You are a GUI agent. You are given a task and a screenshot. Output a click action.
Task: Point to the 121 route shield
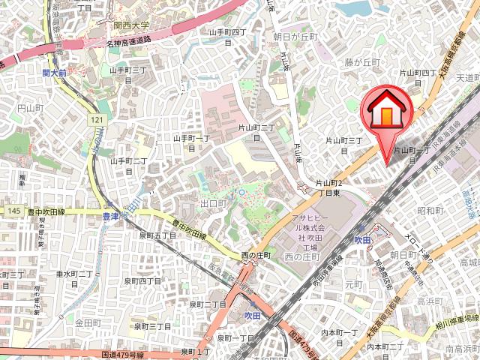click(x=97, y=121)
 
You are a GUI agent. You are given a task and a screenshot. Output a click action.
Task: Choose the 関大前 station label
click(x=54, y=73)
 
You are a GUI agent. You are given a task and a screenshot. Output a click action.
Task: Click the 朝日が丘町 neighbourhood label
click(x=295, y=36)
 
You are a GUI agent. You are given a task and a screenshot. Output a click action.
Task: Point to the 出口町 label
click(x=214, y=203)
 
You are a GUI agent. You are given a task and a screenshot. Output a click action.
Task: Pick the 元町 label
click(x=354, y=285)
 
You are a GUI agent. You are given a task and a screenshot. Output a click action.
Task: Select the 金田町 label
click(x=88, y=322)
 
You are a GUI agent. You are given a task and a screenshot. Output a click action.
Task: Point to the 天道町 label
click(x=467, y=77)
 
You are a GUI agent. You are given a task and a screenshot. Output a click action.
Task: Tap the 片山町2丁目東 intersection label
click(x=330, y=187)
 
